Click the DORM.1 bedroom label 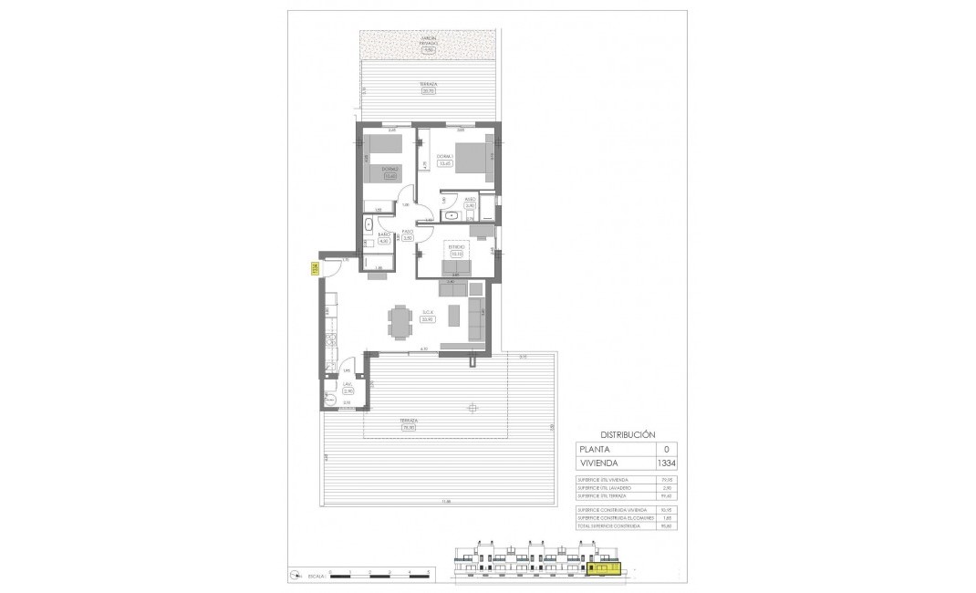point(444,156)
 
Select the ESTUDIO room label point(456,246)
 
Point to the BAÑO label point(385,235)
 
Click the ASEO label point(471,199)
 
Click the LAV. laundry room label point(348,385)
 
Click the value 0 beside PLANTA point(665,449)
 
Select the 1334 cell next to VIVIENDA point(665,463)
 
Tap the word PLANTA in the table point(597,449)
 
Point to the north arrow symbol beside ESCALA point(294,575)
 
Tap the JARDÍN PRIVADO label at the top point(427,40)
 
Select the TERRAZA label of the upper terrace point(427,83)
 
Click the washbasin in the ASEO point(452,215)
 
